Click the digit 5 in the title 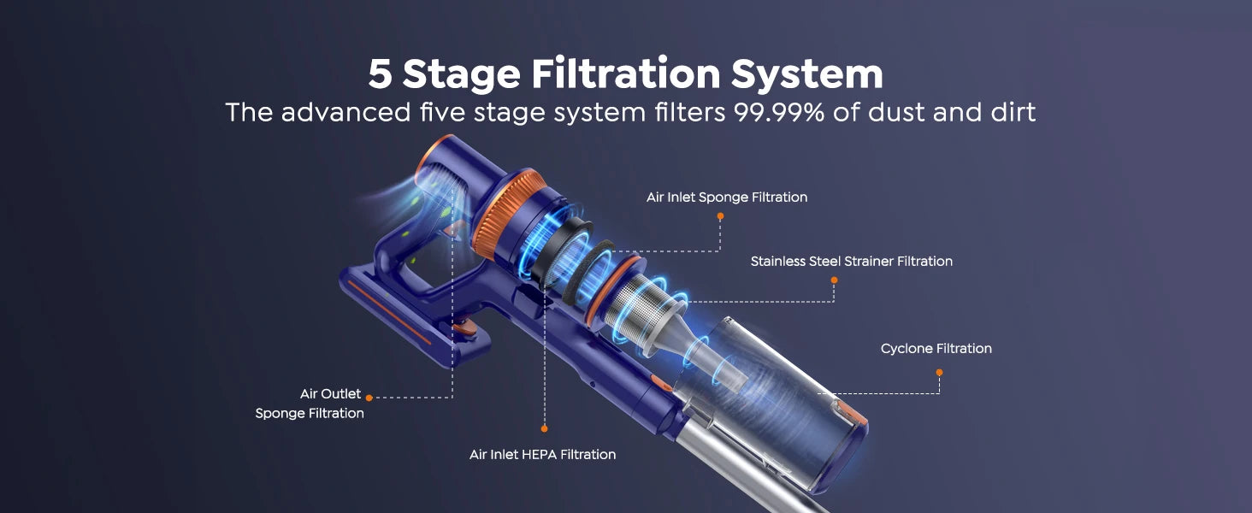pyautogui.click(x=380, y=74)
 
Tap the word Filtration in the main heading pyautogui.click(x=625, y=74)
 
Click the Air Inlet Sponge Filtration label pyautogui.click(x=727, y=197)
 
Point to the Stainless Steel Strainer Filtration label pyautogui.click(x=851, y=261)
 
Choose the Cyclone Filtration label pyautogui.click(x=936, y=349)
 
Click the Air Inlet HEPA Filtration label pyautogui.click(x=542, y=454)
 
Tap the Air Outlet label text pyautogui.click(x=330, y=394)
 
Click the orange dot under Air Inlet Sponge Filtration pyautogui.click(x=720, y=216)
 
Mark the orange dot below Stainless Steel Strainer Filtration pyautogui.click(x=834, y=280)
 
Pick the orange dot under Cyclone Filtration pyautogui.click(x=939, y=372)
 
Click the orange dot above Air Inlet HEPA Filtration pyautogui.click(x=544, y=428)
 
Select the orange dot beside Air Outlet pyautogui.click(x=369, y=398)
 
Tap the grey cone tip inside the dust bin pyautogui.click(x=721, y=366)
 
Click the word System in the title pyautogui.click(x=807, y=74)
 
